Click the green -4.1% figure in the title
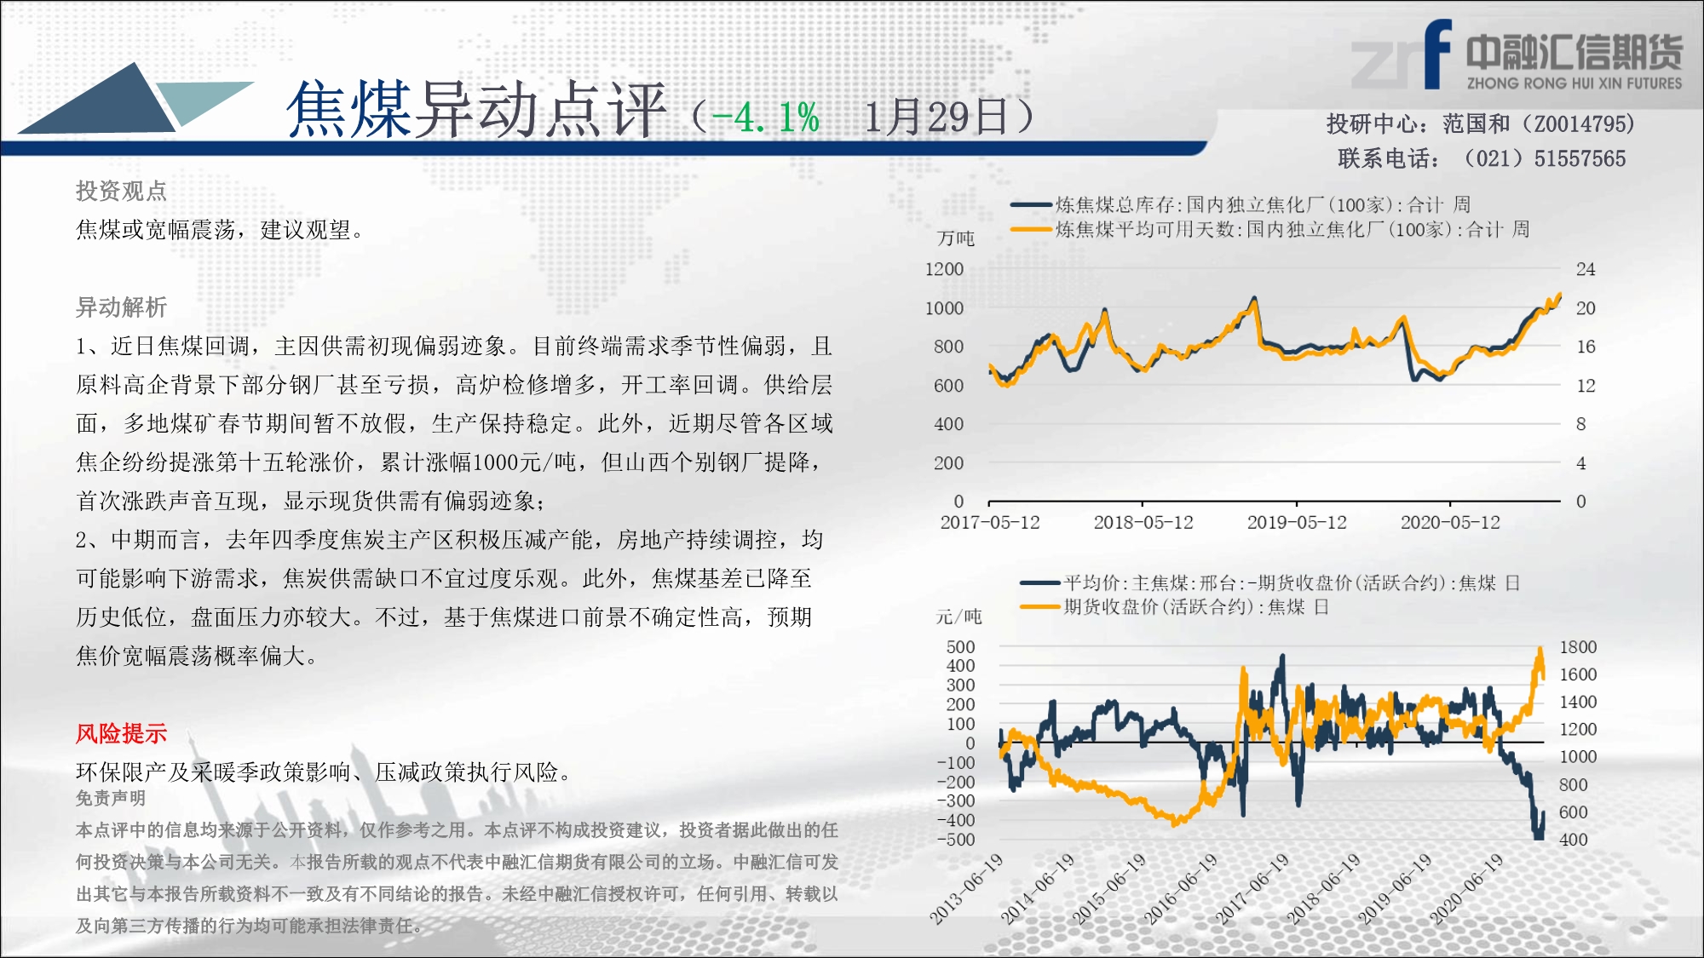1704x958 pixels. (x=765, y=118)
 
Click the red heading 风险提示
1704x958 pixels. (x=121, y=733)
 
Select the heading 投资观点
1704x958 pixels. (x=121, y=191)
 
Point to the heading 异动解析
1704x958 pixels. (x=121, y=307)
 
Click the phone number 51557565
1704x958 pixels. (x=1580, y=159)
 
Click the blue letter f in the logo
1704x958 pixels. (x=1437, y=54)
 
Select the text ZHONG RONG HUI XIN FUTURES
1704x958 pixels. (x=1574, y=83)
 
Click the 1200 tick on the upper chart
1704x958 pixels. (x=944, y=269)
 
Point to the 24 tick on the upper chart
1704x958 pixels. (x=1586, y=269)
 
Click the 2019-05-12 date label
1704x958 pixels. (x=1297, y=522)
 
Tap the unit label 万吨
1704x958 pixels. (x=956, y=238)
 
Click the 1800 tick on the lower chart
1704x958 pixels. (x=1578, y=647)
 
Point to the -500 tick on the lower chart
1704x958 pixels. (x=956, y=840)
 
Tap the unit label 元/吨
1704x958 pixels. (x=958, y=617)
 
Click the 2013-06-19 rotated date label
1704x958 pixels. (x=966, y=888)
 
